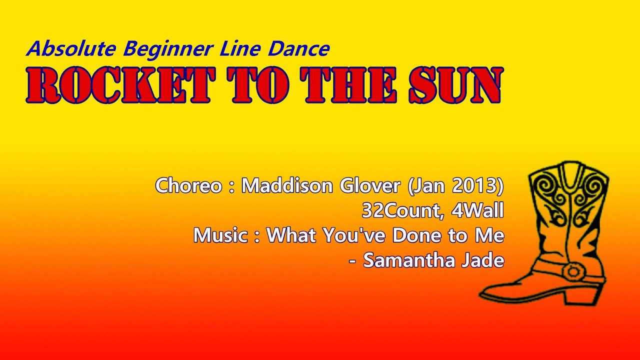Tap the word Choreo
(187, 186)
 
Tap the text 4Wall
(477, 211)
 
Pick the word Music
(220, 235)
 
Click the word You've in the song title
(347, 235)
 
